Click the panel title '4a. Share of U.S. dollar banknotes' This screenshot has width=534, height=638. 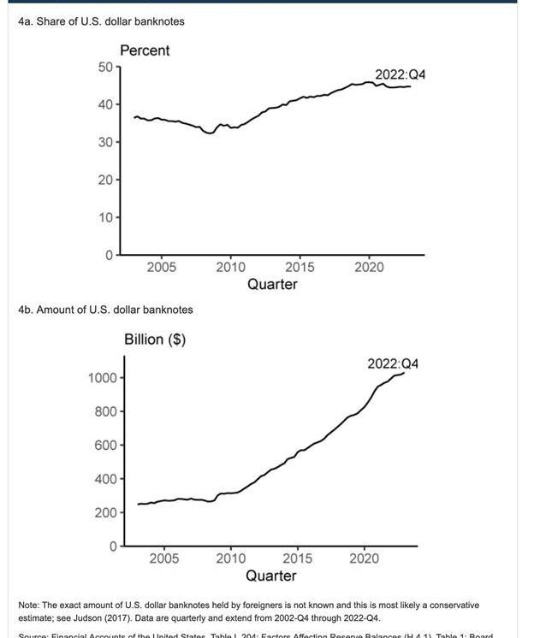[100, 21]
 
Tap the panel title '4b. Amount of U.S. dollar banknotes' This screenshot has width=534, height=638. [105, 310]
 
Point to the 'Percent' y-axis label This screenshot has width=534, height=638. [145, 50]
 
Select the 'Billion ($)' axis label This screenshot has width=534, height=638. [155, 340]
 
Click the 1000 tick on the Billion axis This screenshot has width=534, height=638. [102, 378]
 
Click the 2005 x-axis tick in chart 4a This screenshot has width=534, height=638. [162, 268]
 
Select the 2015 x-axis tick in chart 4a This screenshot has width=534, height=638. [300, 268]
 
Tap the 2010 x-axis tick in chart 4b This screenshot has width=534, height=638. [231, 558]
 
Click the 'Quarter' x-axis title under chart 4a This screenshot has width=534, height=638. [272, 285]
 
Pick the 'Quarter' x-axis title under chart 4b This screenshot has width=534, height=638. [271, 576]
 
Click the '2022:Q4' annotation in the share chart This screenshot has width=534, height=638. [400, 74]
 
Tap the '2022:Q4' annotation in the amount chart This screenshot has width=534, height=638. [393, 364]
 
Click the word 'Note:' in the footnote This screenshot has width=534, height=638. [30, 606]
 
